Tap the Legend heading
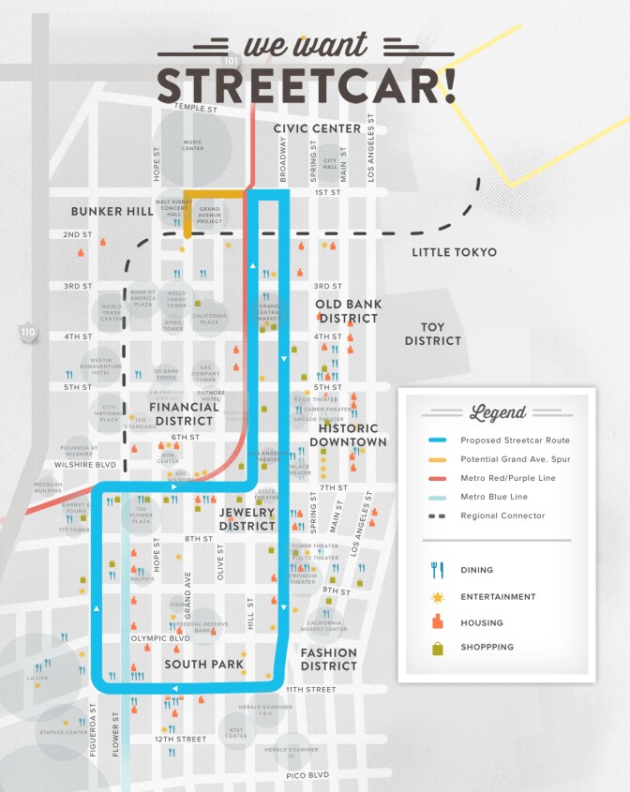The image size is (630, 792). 498,412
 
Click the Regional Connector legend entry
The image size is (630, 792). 502,516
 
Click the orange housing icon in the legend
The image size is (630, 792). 437,622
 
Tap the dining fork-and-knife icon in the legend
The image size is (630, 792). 437,569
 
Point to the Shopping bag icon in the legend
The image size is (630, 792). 437,648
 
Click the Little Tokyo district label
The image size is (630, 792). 454,252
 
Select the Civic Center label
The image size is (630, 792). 317,128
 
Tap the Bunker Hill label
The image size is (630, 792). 112,212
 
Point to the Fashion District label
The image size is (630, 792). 328,659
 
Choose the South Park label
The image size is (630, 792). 203,665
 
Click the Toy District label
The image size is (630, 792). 432,334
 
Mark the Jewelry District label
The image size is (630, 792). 247,519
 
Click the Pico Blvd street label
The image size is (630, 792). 307,775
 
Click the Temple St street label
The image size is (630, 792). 195,109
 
